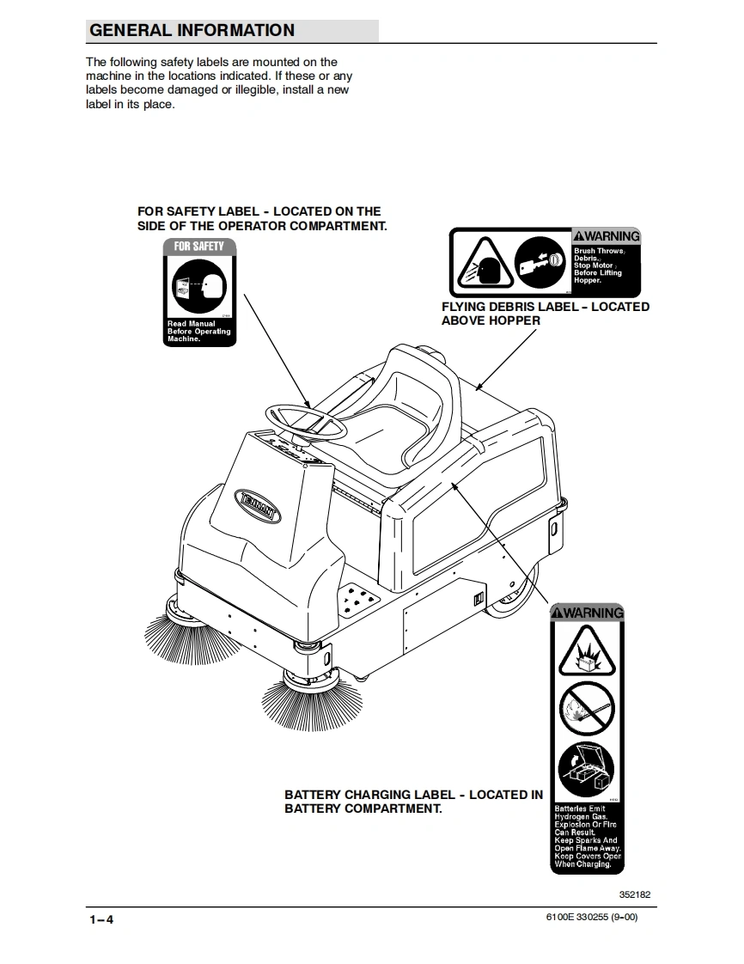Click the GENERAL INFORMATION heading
192,31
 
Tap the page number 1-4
101,919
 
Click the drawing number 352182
634,894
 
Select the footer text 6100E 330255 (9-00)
592,918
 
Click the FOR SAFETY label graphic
199,291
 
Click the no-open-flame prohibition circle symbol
587,710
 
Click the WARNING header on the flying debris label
607,236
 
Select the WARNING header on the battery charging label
587,613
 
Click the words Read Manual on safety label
192,324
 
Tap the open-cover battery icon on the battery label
587,768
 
